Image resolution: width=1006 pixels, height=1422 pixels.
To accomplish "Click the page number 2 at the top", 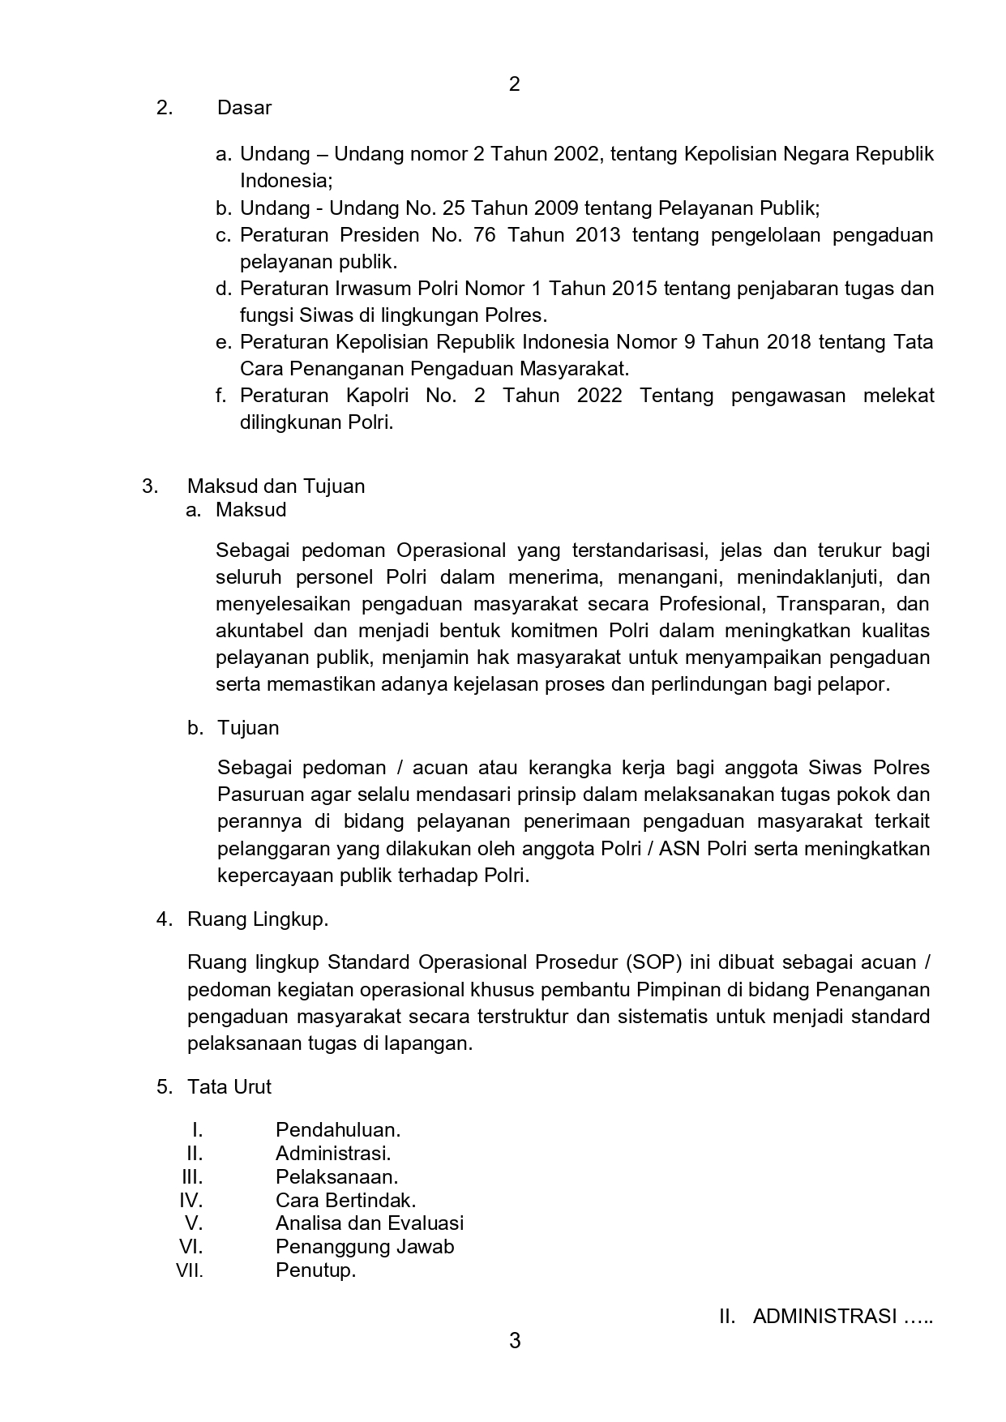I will tap(514, 84).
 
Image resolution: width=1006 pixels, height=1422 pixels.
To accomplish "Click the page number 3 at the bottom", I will tap(514, 1341).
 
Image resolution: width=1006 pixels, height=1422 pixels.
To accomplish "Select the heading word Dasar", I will tap(244, 108).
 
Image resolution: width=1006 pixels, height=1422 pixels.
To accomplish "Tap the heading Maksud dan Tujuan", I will tap(276, 486).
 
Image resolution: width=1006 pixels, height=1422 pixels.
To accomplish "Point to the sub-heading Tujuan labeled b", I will tap(247, 728).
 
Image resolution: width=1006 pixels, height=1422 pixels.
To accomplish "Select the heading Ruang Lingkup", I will tap(257, 919).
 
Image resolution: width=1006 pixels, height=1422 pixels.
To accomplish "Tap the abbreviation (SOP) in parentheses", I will tap(653, 962).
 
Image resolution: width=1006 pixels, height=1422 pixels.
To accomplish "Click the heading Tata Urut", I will tap(229, 1087).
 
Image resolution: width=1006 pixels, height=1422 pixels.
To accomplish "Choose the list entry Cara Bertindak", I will tap(345, 1200).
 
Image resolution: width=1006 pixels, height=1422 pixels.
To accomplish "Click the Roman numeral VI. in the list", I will tap(190, 1247).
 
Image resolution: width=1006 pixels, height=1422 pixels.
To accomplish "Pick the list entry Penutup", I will tap(315, 1270).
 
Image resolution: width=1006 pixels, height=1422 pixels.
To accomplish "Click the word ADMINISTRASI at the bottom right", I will tap(824, 1317).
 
